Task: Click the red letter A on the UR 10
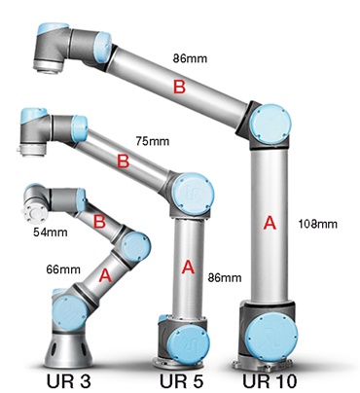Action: (270, 223)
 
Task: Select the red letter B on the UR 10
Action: (178, 89)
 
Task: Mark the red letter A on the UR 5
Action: (187, 265)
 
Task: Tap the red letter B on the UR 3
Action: (100, 222)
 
